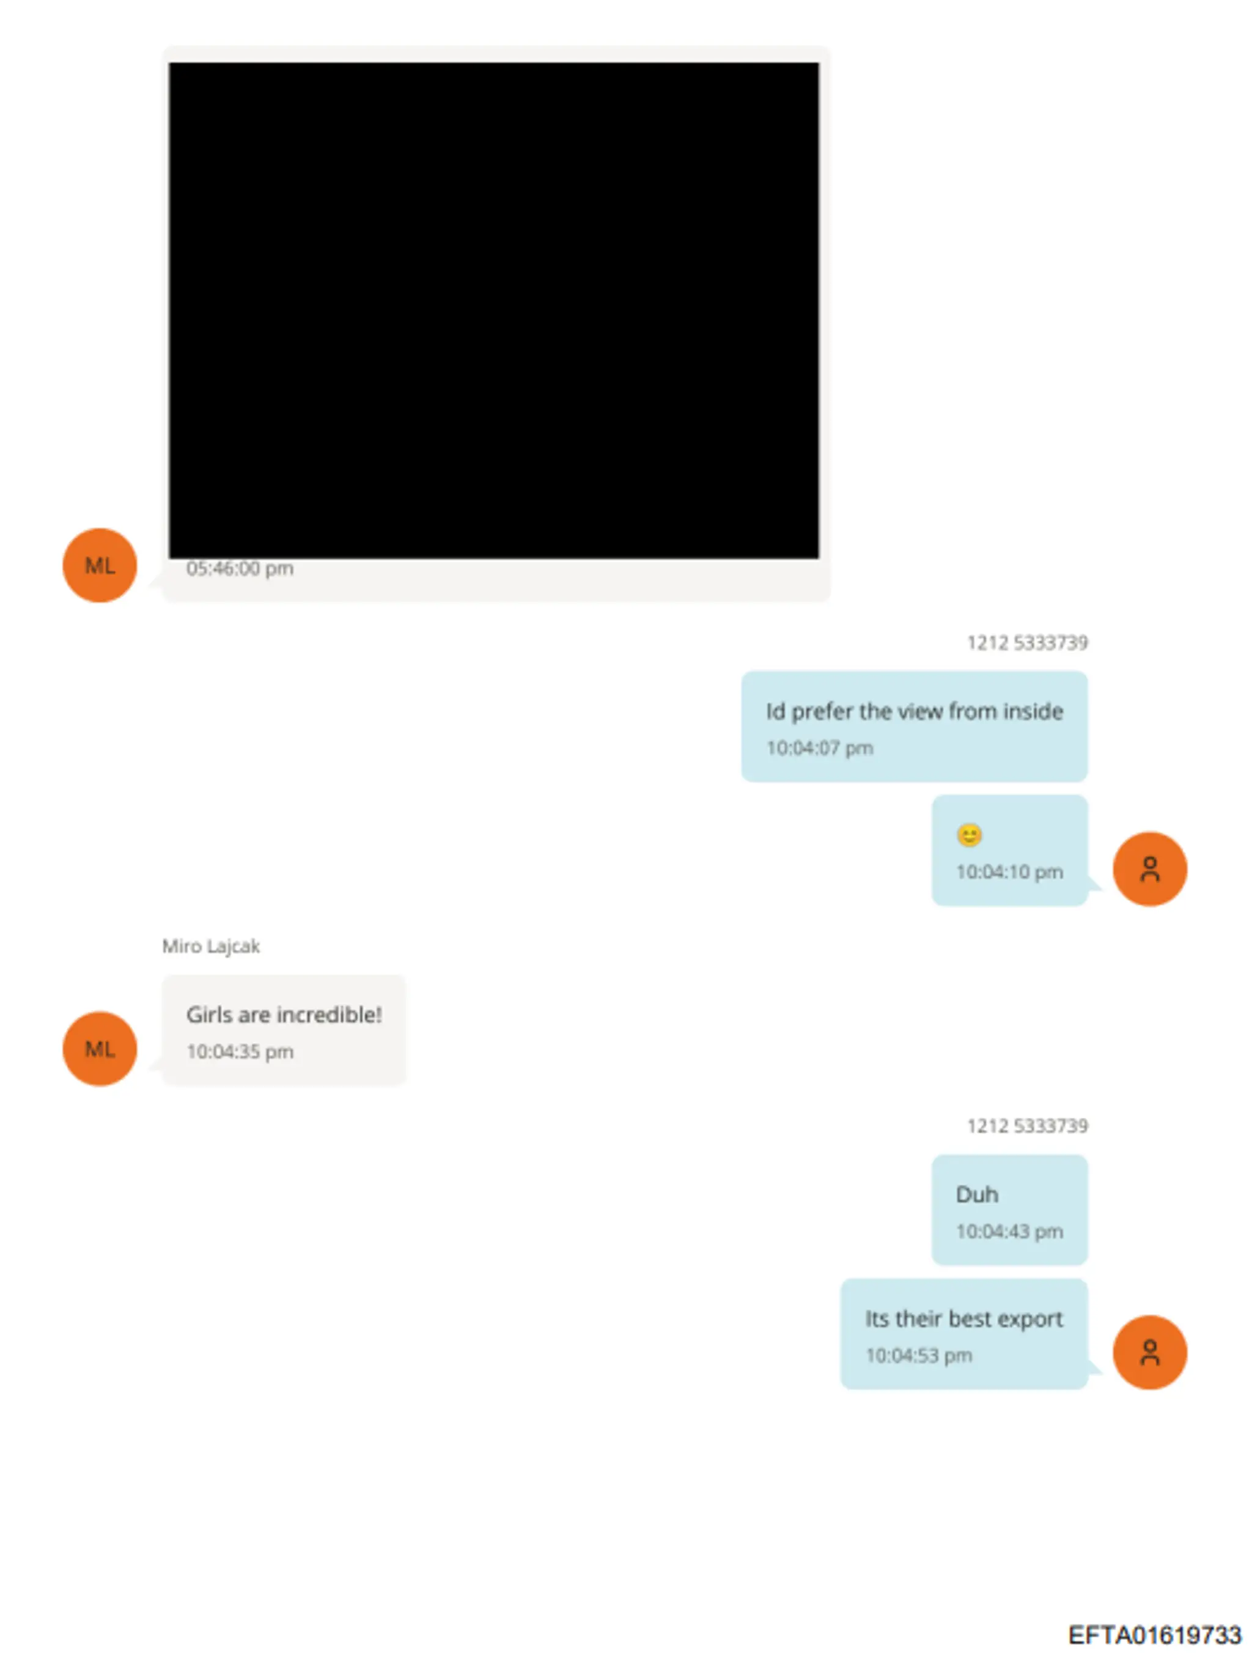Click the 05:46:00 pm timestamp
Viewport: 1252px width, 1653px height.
240,569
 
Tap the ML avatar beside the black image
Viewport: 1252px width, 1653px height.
100,565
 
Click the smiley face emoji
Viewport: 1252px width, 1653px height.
969,835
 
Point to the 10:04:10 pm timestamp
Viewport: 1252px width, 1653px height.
1009,872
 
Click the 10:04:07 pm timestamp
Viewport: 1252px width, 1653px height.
819,748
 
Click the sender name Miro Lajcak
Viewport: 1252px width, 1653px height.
211,946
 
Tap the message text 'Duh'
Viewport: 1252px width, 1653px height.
977,1194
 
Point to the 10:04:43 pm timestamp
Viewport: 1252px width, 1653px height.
1009,1232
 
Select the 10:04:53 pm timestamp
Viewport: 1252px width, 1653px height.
919,1356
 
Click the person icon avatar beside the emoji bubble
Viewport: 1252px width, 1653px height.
1150,869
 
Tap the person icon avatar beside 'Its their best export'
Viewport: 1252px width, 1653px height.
1150,1353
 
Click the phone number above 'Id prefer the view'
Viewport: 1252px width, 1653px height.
1027,643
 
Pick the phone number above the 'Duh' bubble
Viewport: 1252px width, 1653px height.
1027,1126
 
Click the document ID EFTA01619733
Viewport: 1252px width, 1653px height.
1154,1634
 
